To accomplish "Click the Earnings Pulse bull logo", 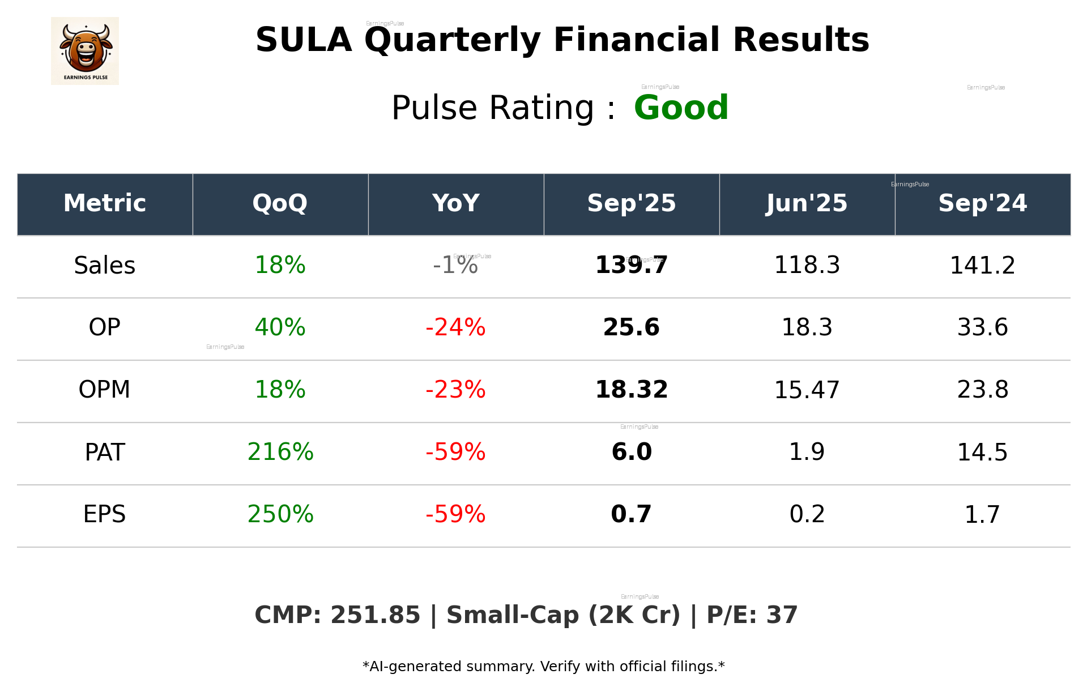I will (x=85, y=50).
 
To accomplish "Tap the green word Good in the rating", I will (x=681, y=108).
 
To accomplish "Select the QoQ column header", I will (x=280, y=203).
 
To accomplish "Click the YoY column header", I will (x=455, y=203).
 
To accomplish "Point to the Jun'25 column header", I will (x=807, y=203).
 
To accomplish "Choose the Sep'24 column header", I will (x=982, y=203).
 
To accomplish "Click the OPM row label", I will (x=104, y=390).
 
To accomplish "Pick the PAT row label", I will (x=104, y=452).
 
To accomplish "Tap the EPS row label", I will (x=104, y=514).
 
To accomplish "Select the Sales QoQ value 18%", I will (x=280, y=265).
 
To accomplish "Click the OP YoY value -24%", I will (x=455, y=327).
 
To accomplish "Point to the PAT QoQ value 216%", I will (x=280, y=452).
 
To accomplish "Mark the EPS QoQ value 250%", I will (x=280, y=514).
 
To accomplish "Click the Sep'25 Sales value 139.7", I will (x=631, y=265).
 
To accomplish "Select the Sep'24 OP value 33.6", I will (x=982, y=327).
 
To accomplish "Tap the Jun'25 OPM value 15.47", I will (x=807, y=390).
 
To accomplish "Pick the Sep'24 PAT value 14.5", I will (x=982, y=452).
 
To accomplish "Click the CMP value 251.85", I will (x=375, y=616).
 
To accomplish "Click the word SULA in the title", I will (x=304, y=40).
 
